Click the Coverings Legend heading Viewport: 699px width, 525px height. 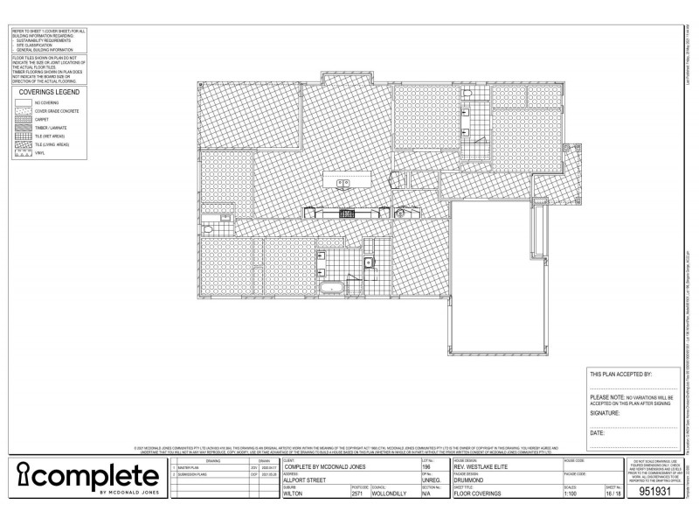tap(50, 91)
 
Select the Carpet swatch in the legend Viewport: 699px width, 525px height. tap(23, 120)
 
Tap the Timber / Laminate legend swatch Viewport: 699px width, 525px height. tap(23, 128)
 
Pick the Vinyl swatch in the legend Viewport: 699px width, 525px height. tap(23, 153)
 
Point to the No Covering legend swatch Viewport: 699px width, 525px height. tap(23, 103)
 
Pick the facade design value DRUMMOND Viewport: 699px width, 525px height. tap(473, 479)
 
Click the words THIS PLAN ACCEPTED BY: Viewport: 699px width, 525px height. tap(620, 374)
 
